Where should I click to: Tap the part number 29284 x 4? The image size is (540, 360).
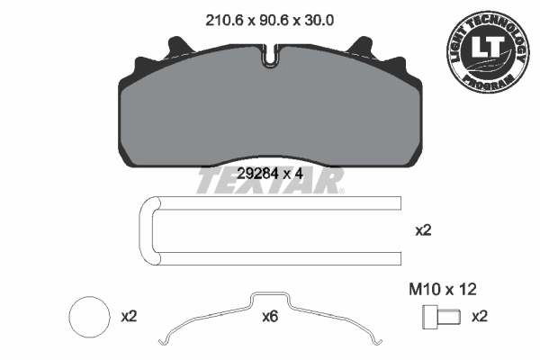click(269, 174)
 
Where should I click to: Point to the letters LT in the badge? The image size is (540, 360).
click(485, 50)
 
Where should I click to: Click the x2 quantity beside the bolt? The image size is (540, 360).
click(481, 316)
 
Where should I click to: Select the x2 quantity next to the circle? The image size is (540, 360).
click(129, 317)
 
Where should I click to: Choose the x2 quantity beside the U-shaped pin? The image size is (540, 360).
click(422, 231)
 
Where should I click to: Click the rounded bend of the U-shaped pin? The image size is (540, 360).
click(147, 231)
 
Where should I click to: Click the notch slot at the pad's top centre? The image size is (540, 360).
click(271, 56)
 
